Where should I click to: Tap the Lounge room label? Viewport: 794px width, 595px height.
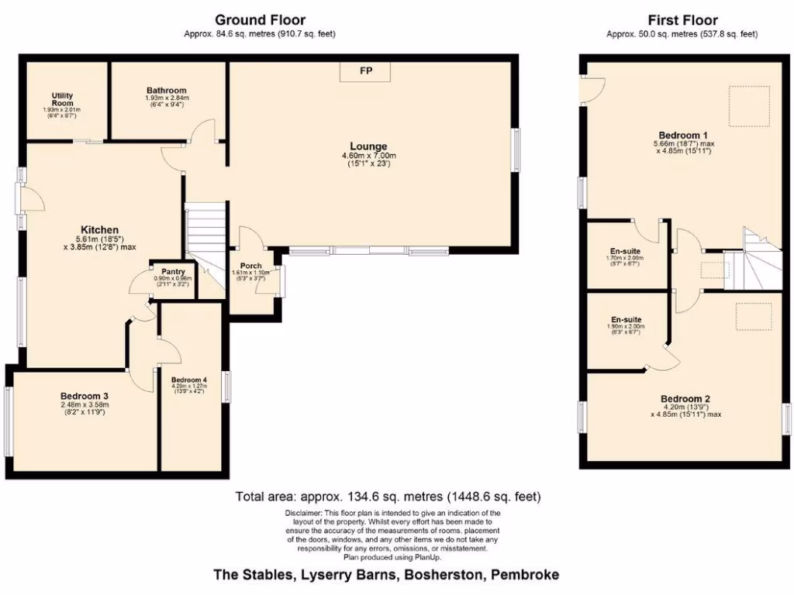[368, 146]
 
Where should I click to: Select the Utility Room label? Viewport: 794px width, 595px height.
[62, 99]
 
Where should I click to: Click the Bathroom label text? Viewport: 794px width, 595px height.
[165, 91]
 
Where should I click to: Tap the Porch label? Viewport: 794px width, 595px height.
[250, 266]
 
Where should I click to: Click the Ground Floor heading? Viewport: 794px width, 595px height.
[260, 20]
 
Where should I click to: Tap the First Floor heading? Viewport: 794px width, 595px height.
[682, 20]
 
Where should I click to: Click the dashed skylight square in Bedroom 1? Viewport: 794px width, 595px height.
[748, 105]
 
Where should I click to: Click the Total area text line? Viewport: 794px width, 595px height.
[388, 497]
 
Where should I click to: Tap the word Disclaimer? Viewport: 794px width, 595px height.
[304, 513]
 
